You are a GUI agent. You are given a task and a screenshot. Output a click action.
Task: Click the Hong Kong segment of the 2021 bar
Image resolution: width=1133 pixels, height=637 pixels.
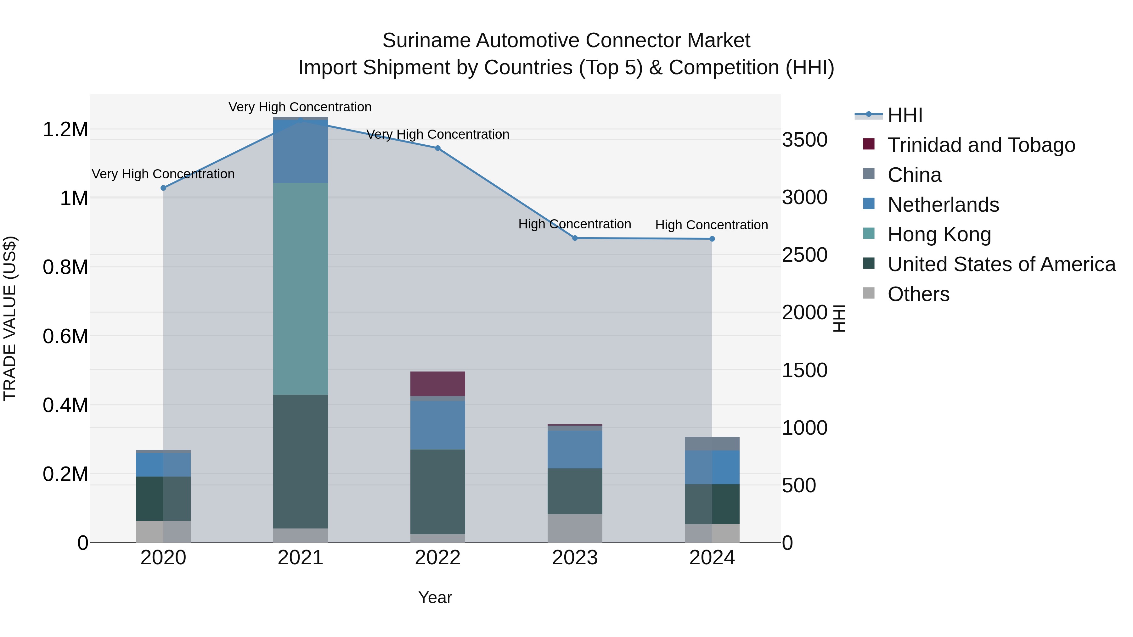[301, 288]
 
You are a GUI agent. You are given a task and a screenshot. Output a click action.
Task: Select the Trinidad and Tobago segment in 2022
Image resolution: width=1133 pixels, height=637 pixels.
[438, 383]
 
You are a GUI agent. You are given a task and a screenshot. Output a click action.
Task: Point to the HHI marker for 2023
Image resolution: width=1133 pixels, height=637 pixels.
[575, 238]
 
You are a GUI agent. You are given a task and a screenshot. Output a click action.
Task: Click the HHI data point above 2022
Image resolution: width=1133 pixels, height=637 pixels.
[438, 148]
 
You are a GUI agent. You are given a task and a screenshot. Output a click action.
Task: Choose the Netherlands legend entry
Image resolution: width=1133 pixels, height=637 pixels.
[943, 205]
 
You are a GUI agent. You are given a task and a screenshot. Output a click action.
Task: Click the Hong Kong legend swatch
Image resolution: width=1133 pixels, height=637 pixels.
[869, 233]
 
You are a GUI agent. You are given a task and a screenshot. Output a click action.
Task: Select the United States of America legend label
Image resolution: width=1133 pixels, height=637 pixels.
[1001, 264]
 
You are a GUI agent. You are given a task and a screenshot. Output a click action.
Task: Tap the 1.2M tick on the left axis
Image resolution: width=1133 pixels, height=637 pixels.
[65, 130]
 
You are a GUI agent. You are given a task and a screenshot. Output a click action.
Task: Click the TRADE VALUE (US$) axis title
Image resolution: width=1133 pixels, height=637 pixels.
[10, 318]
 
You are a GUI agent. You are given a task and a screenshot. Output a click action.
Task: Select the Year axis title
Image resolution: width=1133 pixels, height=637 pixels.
[435, 597]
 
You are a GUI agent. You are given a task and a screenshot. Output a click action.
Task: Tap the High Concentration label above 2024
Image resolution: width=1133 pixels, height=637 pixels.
[711, 225]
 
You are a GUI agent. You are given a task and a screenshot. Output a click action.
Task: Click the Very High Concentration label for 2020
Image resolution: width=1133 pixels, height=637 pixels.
[163, 174]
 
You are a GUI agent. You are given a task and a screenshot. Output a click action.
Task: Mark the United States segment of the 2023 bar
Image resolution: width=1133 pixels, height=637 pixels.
[575, 491]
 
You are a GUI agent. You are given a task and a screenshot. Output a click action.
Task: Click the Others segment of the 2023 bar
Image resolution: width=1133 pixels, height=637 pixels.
[575, 528]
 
